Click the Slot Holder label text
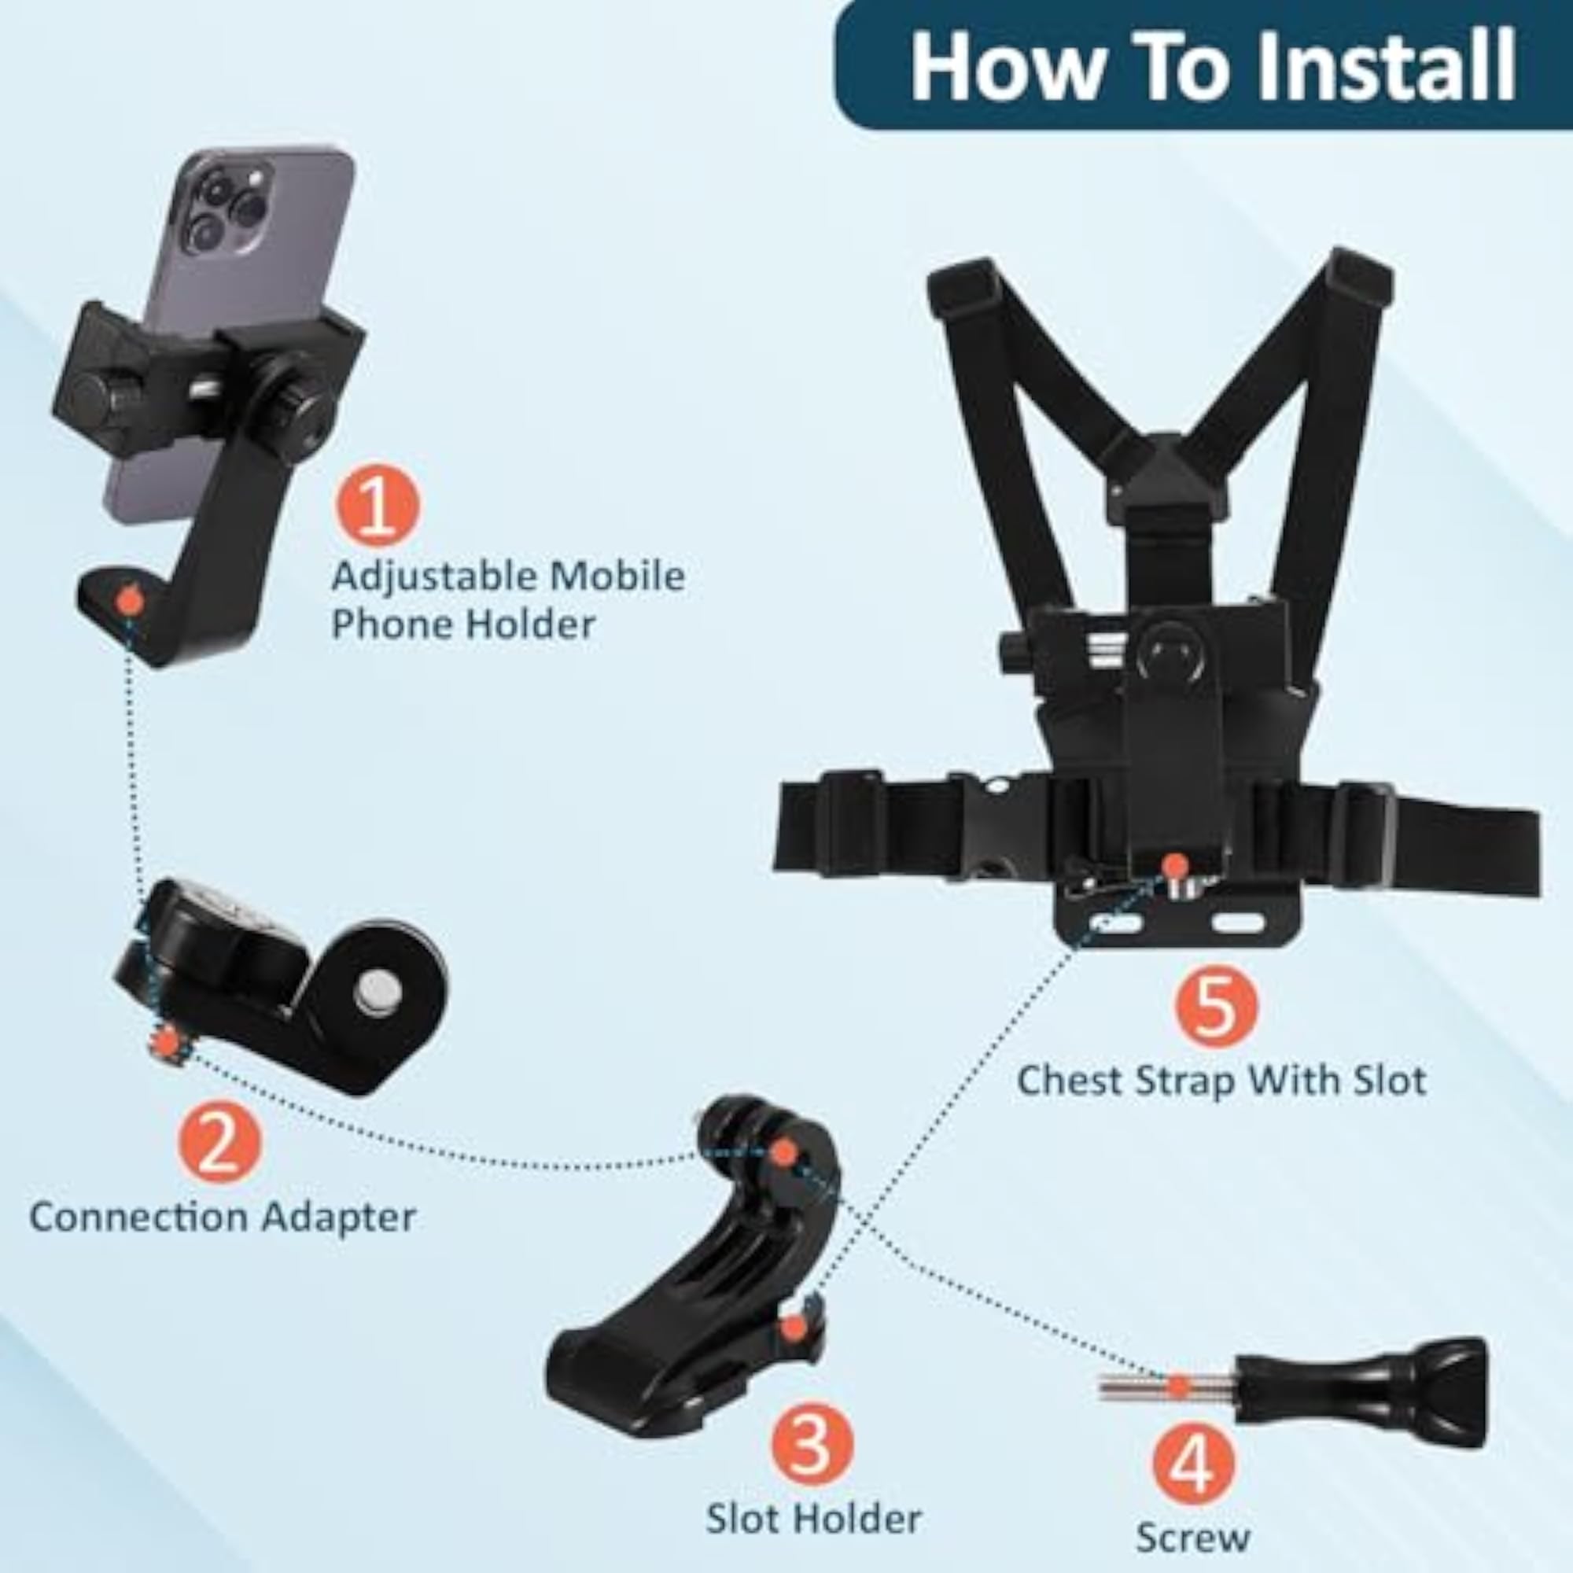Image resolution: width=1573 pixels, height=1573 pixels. tap(813, 1519)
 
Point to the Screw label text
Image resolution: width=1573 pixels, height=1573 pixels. tap(1193, 1537)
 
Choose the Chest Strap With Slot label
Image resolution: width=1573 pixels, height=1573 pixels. tap(1221, 1081)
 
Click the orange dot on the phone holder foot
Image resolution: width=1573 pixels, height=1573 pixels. tap(129, 601)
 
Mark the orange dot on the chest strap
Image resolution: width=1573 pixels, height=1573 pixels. tap(1173, 864)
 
